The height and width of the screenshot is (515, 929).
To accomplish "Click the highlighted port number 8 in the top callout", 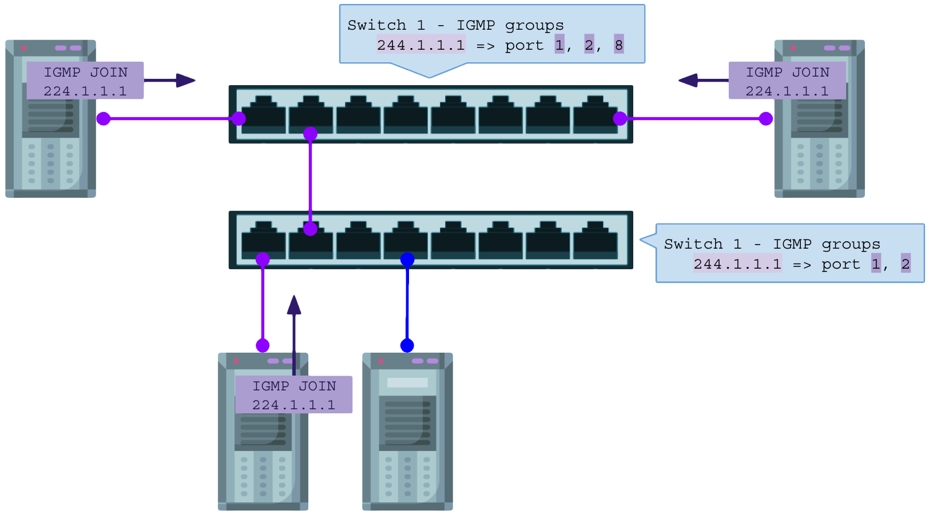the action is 618,45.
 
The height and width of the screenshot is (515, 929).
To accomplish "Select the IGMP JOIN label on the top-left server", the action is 85,81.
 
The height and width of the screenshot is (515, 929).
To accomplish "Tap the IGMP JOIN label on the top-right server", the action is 787,81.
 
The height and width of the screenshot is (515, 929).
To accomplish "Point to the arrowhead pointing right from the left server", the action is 186,81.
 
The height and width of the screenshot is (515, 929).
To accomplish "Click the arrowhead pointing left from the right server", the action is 688,81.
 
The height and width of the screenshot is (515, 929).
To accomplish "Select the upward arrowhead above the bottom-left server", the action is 294,305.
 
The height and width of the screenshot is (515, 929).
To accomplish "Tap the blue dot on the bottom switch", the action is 407,260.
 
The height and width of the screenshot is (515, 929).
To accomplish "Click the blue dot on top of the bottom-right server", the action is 407,345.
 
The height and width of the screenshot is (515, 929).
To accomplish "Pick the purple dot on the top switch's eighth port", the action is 620,118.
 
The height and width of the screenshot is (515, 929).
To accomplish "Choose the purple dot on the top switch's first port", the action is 239,118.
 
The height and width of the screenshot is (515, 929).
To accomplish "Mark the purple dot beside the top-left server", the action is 104,118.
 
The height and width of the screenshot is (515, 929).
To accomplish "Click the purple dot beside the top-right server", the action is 765,118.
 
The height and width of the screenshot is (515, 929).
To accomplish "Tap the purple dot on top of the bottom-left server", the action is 263,345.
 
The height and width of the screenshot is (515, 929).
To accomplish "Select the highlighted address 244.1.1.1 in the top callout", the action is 421,45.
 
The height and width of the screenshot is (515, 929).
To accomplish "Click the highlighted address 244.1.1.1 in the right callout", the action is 737,264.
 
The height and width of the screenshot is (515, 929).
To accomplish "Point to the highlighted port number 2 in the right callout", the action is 906,264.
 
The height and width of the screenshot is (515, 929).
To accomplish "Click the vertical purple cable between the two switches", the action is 310,181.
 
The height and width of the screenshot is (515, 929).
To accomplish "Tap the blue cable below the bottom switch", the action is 407,302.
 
